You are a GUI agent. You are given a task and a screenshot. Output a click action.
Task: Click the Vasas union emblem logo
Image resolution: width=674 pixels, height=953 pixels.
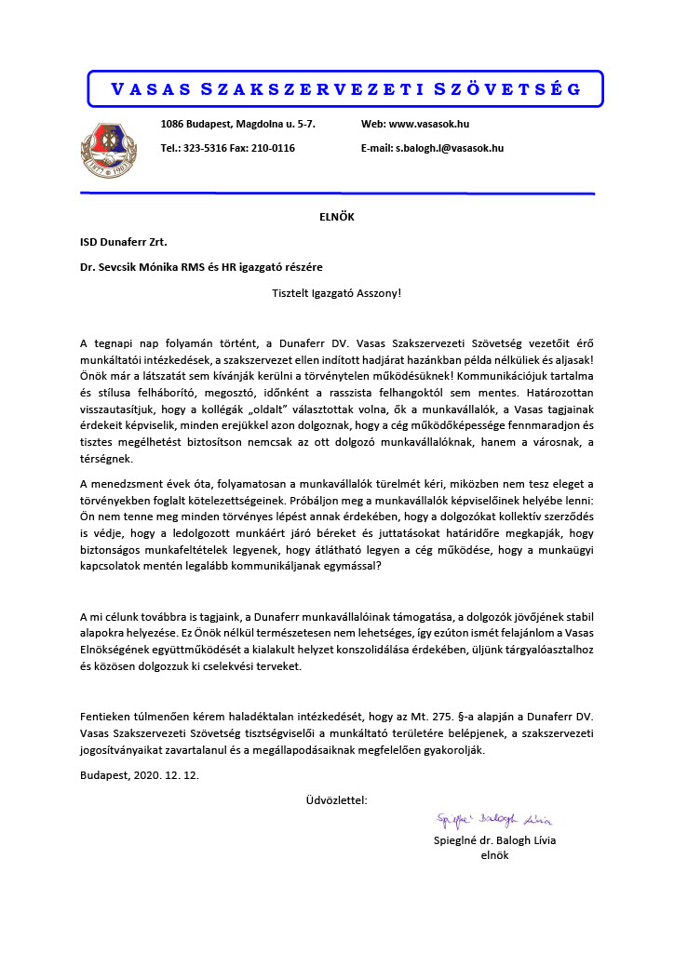pos(110,147)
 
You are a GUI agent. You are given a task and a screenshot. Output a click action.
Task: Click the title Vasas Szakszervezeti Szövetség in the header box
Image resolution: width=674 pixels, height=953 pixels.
pos(345,89)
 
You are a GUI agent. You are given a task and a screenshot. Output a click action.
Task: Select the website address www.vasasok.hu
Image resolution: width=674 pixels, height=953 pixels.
pos(429,124)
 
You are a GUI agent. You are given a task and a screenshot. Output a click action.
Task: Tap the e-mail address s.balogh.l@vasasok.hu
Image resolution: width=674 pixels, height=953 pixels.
pos(450,148)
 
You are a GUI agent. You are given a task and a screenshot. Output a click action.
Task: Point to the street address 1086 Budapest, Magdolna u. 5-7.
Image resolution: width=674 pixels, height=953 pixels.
pos(238,124)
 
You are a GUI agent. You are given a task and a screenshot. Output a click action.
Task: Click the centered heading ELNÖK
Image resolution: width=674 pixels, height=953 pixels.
pos(336,218)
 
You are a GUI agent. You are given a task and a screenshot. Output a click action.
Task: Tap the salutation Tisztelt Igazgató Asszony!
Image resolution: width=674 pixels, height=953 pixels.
pos(336,291)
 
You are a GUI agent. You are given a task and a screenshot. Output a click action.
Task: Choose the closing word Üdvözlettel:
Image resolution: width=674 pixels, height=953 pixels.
pos(336,799)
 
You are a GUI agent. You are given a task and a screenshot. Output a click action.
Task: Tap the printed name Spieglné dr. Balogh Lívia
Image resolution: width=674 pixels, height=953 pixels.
pos(494,840)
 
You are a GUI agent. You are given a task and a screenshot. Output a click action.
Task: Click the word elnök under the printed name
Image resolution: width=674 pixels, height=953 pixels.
pos(494,856)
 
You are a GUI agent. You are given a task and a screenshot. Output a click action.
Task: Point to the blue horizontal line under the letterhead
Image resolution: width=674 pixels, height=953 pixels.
pos(336,194)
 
